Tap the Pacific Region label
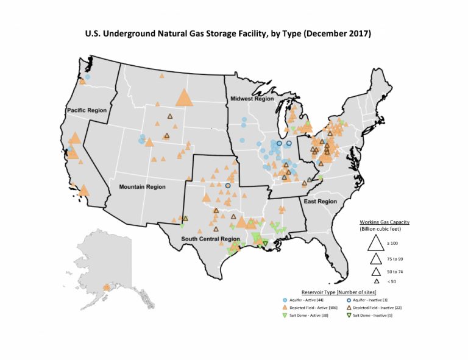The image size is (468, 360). coord(86,110)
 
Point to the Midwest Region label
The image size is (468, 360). coord(251,98)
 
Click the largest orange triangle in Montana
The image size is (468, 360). coord(183,98)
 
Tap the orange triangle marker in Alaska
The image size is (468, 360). coord(107,287)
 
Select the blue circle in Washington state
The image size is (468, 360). coord(88,77)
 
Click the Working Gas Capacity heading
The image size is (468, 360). coord(384,222)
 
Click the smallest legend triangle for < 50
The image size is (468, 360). coord(377,281)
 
